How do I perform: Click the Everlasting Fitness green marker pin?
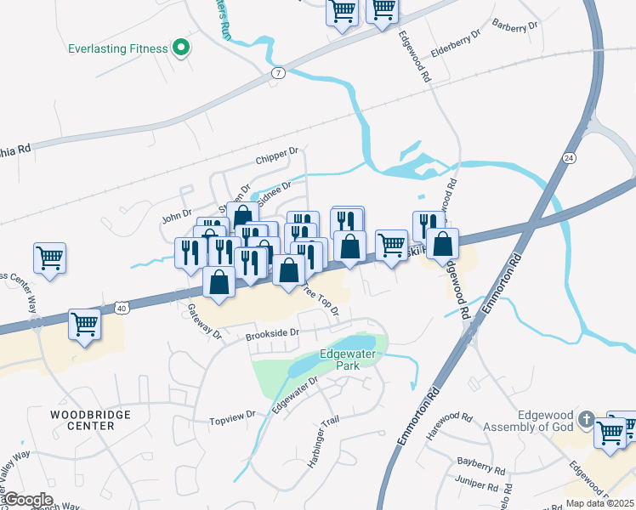[x=180, y=48]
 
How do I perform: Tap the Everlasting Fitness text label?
[x=118, y=48]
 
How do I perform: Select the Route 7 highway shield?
[x=279, y=73]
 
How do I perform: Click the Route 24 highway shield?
[x=568, y=158]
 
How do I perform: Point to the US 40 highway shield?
[x=124, y=309]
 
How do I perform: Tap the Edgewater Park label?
[x=350, y=360]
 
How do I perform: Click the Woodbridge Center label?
[x=82, y=419]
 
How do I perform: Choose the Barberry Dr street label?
[x=515, y=26]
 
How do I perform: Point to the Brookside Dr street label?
[x=273, y=335]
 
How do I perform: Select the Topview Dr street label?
[x=233, y=416]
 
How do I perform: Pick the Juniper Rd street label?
[x=476, y=488]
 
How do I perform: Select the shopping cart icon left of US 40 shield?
[x=84, y=324]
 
